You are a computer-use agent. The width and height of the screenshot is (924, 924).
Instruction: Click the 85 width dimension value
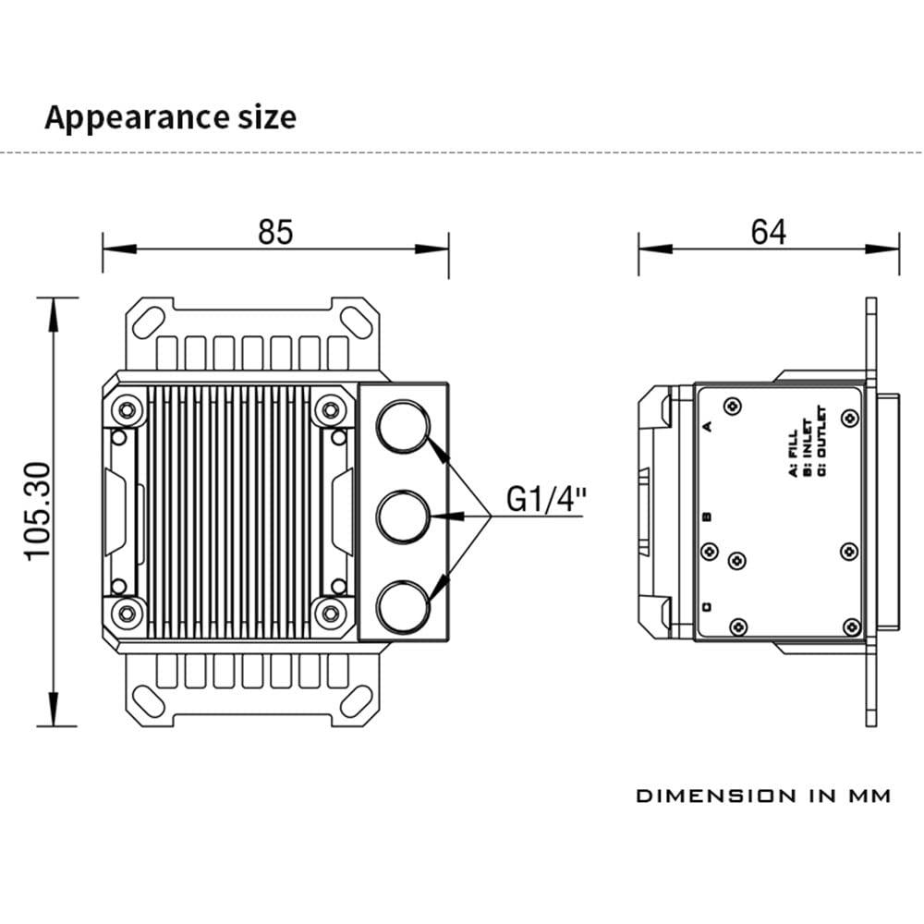tap(275, 232)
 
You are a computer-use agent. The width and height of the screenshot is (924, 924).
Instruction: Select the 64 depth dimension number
tap(768, 232)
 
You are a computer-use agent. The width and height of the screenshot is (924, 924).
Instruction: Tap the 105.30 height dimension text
tap(37, 511)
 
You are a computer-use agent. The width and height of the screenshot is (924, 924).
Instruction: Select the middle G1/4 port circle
tap(404, 516)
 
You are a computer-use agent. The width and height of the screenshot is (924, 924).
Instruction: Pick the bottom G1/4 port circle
tap(404, 605)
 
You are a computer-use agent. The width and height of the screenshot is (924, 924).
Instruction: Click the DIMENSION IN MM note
tap(763, 796)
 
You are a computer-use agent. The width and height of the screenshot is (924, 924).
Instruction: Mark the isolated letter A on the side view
tap(707, 426)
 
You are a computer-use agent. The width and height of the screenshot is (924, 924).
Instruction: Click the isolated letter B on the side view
tap(707, 517)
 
